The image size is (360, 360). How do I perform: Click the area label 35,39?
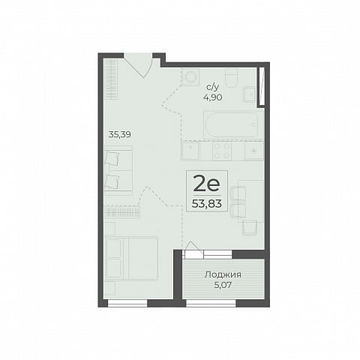[120, 135]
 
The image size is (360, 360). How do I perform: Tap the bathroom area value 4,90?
[213, 97]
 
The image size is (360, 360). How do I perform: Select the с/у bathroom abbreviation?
[213, 87]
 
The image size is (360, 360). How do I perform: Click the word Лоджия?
[223, 274]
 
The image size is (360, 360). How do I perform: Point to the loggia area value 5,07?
[223, 285]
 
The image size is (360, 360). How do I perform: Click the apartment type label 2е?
[207, 184]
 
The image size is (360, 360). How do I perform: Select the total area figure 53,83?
[207, 204]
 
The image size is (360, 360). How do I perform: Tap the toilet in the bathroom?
[231, 77]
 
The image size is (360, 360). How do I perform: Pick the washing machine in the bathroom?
[190, 76]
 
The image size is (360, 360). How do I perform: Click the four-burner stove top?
[222, 151]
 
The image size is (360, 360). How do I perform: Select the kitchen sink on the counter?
[190, 151]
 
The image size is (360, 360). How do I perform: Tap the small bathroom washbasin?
[250, 94]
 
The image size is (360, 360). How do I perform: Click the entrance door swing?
[140, 65]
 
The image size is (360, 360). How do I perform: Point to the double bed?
[131, 259]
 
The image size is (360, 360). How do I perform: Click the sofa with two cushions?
[118, 171]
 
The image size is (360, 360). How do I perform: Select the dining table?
[251, 201]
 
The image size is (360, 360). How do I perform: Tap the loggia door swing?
[193, 250]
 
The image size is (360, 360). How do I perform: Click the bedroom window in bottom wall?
[127, 303]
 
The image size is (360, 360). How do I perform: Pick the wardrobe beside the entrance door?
[111, 79]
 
